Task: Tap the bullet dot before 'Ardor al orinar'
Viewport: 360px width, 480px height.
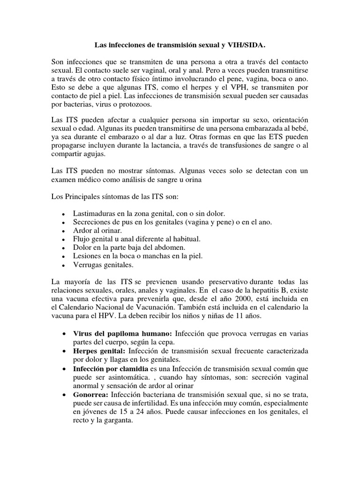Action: pyautogui.click(x=63, y=231)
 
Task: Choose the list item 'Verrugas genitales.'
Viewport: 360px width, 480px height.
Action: pyautogui.click(x=103, y=265)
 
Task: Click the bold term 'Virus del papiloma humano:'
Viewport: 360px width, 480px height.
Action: pyautogui.click(x=123, y=334)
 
